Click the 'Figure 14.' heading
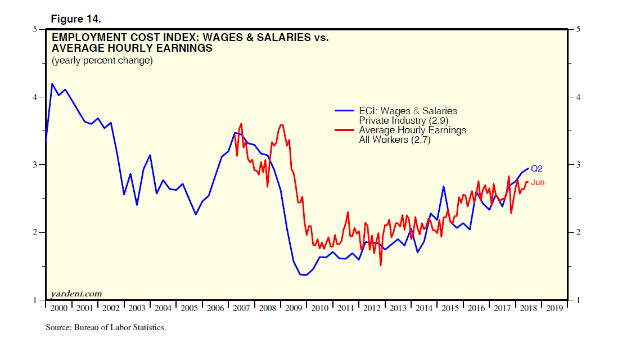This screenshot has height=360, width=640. (x=76, y=19)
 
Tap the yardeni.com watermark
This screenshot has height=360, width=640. (x=76, y=293)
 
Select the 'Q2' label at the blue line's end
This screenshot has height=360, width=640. (x=537, y=168)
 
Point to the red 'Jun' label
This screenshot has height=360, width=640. (x=538, y=182)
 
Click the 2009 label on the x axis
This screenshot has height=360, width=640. (x=294, y=308)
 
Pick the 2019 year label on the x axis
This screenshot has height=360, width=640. (x=554, y=308)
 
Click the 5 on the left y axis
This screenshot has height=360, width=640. (x=35, y=29)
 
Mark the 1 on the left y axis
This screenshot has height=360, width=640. (x=35, y=300)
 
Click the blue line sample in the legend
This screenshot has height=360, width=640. (x=345, y=111)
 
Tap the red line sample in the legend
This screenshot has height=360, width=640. (x=345, y=130)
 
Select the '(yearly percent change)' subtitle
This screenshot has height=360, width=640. (x=102, y=61)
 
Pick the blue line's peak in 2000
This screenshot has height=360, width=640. (x=52, y=84)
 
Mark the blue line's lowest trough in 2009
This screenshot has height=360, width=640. (x=305, y=275)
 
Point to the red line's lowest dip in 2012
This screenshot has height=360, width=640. (x=381, y=265)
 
